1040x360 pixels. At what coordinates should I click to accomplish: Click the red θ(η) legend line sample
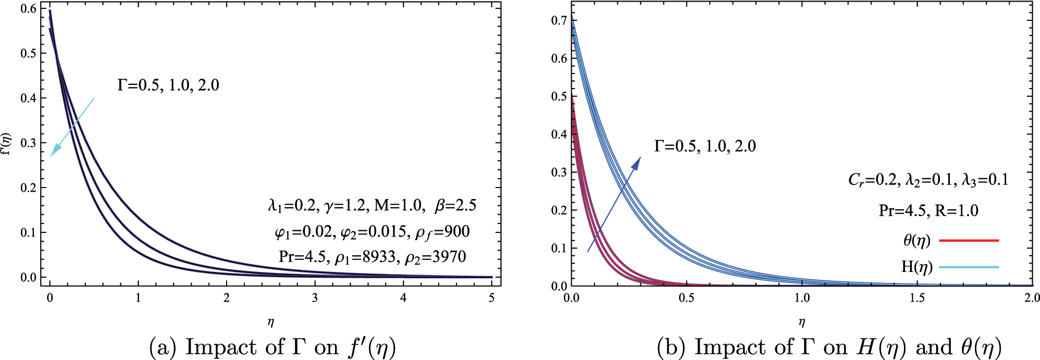click(969, 240)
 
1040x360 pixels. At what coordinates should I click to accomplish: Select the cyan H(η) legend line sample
click(969, 267)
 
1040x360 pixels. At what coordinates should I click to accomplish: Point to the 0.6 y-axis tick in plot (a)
click(29, 8)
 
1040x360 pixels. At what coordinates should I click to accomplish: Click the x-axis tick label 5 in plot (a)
click(492, 298)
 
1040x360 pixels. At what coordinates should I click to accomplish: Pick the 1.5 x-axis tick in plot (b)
click(917, 298)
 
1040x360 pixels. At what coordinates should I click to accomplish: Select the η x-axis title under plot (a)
click(270, 322)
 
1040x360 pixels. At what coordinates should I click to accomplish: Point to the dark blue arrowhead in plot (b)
click(636, 163)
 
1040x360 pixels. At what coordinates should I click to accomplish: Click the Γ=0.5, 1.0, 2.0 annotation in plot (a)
click(168, 85)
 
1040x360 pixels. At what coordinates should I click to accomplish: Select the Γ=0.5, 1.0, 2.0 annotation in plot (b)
click(704, 146)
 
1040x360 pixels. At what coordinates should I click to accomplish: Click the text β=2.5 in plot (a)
click(455, 205)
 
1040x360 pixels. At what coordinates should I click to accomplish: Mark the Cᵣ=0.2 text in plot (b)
click(873, 180)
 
